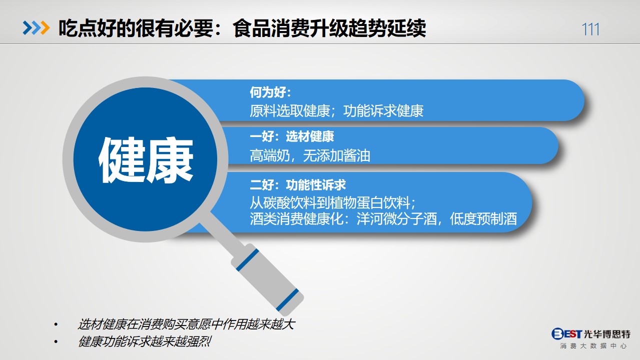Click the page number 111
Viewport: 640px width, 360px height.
click(590, 29)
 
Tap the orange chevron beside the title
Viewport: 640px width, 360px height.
click(45, 28)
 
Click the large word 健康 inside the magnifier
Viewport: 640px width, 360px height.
click(146, 160)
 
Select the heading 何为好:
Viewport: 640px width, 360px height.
click(270, 92)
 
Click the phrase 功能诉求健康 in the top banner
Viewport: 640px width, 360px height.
click(383, 111)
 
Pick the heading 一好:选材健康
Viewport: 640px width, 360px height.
click(292, 136)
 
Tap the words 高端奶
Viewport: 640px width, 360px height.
click(270, 156)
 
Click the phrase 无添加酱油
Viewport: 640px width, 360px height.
click(337, 156)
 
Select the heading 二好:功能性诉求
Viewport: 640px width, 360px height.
click(298, 184)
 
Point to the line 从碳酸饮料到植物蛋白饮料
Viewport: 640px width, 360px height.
click(330, 203)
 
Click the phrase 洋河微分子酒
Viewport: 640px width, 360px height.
click(397, 219)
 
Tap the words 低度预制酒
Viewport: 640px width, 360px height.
click(483, 219)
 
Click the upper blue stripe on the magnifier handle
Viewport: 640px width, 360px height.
click(247, 260)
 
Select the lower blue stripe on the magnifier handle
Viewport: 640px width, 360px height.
click(287, 300)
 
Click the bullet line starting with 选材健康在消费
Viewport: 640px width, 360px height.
click(186, 324)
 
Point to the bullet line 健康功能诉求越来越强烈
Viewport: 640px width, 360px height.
click(145, 341)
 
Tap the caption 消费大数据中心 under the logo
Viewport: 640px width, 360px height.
click(593, 346)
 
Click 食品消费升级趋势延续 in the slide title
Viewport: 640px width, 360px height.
click(329, 28)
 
